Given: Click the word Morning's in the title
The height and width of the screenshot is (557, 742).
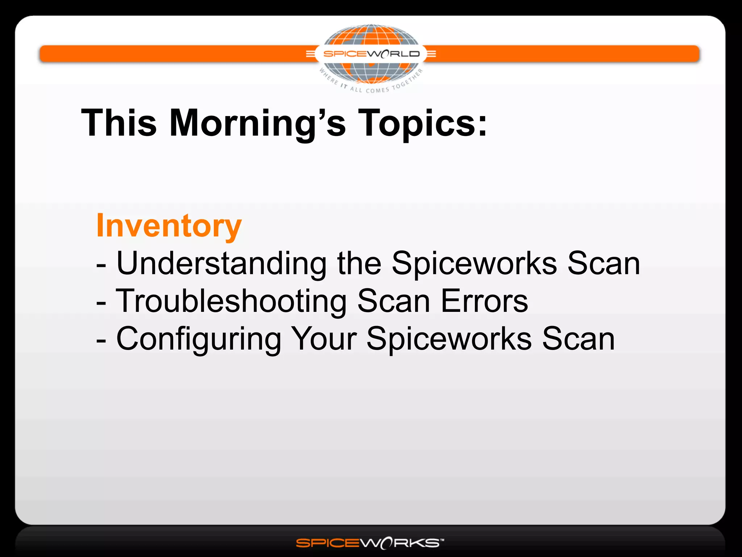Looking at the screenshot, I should point(257,123).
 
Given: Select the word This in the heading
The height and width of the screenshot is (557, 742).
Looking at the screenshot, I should point(119,123).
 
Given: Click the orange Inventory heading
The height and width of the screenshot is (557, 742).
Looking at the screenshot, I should point(169,226).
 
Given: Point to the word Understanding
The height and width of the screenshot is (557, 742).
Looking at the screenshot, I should point(221,263).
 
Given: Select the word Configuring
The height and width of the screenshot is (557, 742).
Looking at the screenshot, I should point(199,339).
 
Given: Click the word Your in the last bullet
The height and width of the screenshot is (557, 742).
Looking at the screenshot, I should point(324,339).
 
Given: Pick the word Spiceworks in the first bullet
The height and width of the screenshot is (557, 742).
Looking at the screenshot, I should point(474,263).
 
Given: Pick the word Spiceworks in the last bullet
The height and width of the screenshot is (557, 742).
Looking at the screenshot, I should point(449,339).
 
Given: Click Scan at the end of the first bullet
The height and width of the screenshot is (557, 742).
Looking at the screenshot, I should point(604,263).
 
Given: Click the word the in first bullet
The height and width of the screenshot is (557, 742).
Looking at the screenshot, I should point(359,263).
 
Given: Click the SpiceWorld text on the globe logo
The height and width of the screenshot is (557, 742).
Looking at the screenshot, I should point(371,54).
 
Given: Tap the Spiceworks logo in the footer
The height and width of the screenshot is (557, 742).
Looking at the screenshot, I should point(370,543).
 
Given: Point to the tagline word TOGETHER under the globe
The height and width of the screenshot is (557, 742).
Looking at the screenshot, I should point(408,79).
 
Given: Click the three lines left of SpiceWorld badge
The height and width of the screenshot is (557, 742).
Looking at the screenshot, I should point(310,54).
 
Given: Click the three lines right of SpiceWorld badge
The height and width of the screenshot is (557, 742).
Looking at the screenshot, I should point(431,54).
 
